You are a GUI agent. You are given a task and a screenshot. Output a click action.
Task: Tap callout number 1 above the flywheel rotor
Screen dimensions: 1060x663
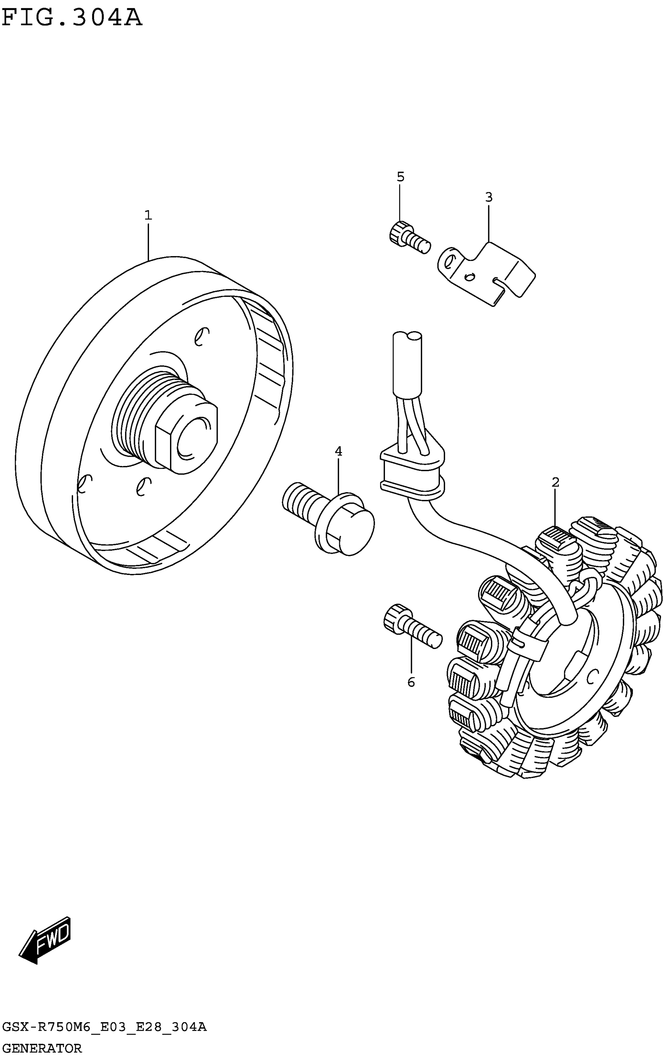(148, 215)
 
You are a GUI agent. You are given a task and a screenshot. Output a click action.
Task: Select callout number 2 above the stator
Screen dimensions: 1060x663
(556, 482)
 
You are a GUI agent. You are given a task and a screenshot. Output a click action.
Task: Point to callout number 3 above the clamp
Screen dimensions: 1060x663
(489, 197)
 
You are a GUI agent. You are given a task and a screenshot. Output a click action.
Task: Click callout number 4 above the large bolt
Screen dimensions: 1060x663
(339, 451)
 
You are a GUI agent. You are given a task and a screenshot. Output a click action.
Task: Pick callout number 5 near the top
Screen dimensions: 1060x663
(401, 177)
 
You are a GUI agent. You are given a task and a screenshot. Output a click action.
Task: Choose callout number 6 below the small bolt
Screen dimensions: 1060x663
(411, 682)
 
